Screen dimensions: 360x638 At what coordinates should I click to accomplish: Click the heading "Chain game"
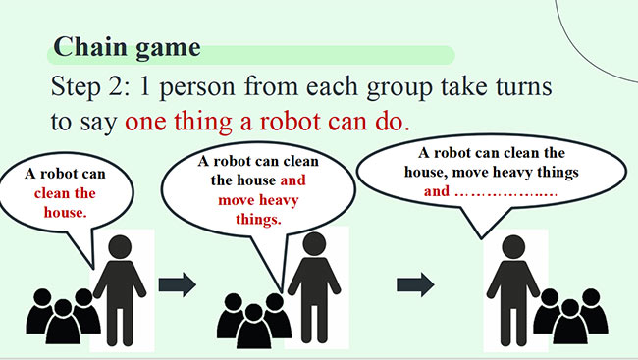point(127,46)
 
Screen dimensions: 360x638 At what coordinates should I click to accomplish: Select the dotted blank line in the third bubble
point(506,192)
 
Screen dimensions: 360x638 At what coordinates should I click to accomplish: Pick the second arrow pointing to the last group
point(415,285)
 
